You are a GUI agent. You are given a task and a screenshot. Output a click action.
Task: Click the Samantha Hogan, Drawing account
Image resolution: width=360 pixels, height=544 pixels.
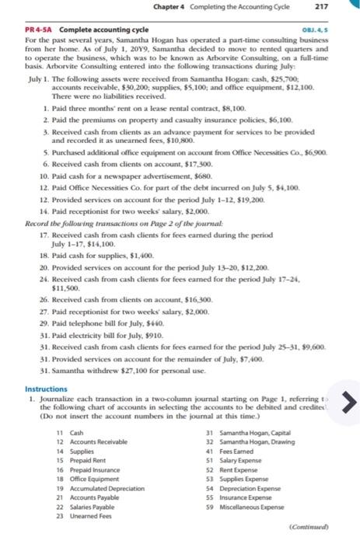tap(250, 441)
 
